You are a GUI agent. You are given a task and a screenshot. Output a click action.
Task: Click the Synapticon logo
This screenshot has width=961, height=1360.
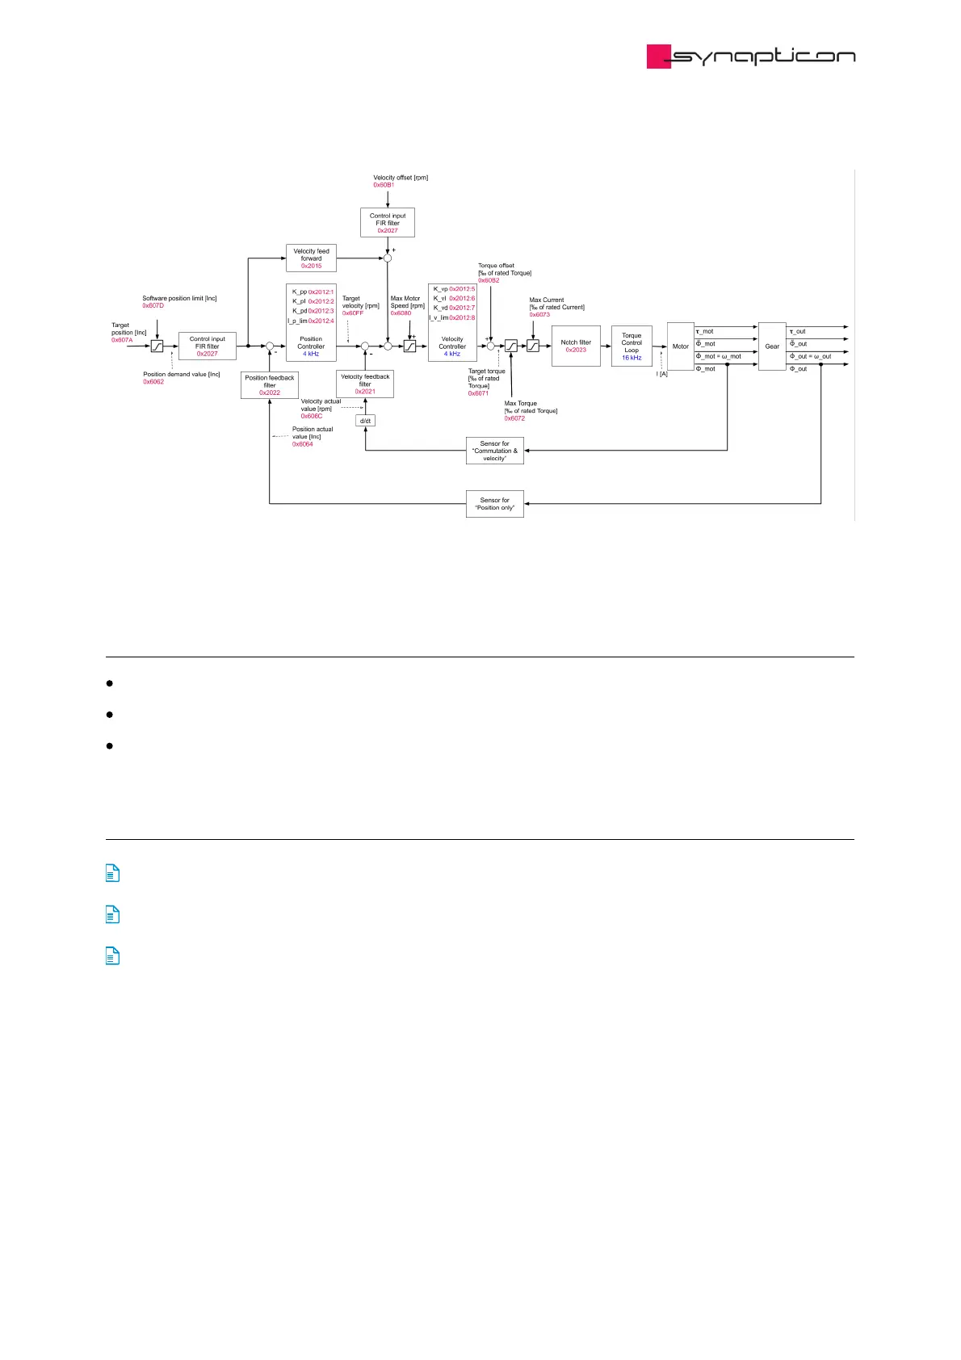click(x=750, y=56)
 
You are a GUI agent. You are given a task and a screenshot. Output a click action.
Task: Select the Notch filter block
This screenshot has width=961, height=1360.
click(x=576, y=346)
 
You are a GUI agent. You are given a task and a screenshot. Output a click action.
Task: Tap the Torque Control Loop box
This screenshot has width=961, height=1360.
click(x=632, y=346)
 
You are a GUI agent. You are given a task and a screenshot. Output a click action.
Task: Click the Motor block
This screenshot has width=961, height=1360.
click(x=681, y=346)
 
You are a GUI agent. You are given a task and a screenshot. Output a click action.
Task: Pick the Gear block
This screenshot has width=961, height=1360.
click(x=772, y=346)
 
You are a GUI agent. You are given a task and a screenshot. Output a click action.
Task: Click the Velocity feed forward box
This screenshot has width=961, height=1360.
click(x=311, y=258)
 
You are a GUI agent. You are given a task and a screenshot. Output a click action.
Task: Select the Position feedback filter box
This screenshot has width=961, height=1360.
click(x=270, y=384)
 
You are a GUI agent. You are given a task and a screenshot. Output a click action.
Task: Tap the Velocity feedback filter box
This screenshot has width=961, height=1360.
click(x=365, y=384)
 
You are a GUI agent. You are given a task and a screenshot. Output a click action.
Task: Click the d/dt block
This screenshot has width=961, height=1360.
click(x=365, y=421)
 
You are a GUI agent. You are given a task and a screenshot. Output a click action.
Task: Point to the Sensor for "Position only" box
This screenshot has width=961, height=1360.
click(x=495, y=504)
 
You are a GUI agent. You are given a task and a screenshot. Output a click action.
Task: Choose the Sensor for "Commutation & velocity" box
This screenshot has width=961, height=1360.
click(x=495, y=451)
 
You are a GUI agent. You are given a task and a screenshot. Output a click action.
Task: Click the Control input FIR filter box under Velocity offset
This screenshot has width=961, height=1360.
click(x=388, y=223)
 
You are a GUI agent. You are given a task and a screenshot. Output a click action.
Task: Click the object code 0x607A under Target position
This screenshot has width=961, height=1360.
click(x=122, y=340)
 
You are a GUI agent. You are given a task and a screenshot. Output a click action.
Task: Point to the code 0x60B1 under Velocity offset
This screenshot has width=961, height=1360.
click(x=384, y=185)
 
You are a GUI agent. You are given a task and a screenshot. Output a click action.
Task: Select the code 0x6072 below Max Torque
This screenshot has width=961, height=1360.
click(x=514, y=418)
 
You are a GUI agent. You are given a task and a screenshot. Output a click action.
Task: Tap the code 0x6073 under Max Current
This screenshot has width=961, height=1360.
click(x=539, y=314)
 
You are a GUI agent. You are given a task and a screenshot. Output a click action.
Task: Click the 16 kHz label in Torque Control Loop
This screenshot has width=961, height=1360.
click(x=632, y=358)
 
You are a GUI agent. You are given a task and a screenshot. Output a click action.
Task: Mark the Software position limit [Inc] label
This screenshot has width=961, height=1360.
click(x=179, y=298)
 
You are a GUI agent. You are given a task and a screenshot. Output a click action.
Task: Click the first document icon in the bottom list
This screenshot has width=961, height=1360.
click(x=113, y=873)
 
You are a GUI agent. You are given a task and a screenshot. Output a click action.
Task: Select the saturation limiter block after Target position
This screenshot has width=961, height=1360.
click(x=157, y=346)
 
